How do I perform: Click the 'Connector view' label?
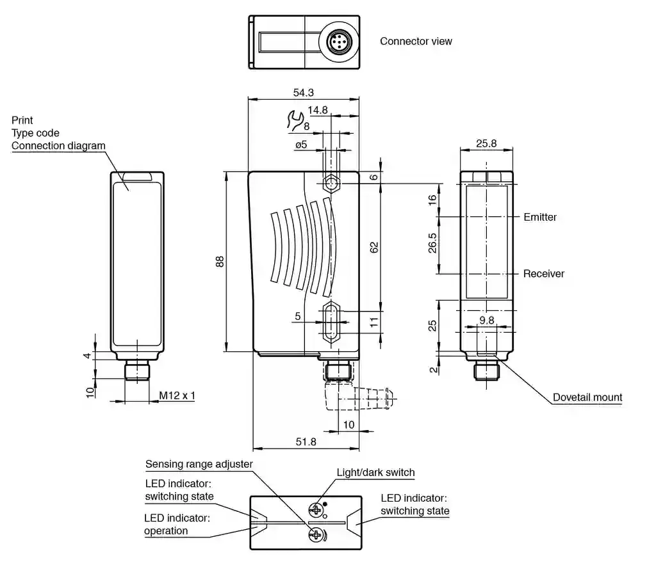point(416,42)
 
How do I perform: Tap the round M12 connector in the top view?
point(338,42)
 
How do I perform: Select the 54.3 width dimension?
point(303,92)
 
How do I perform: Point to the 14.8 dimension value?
point(318,110)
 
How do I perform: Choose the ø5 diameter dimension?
point(301,145)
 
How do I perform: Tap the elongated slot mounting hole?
point(331,322)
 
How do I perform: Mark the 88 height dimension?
point(220,262)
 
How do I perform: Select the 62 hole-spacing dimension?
point(374,248)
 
